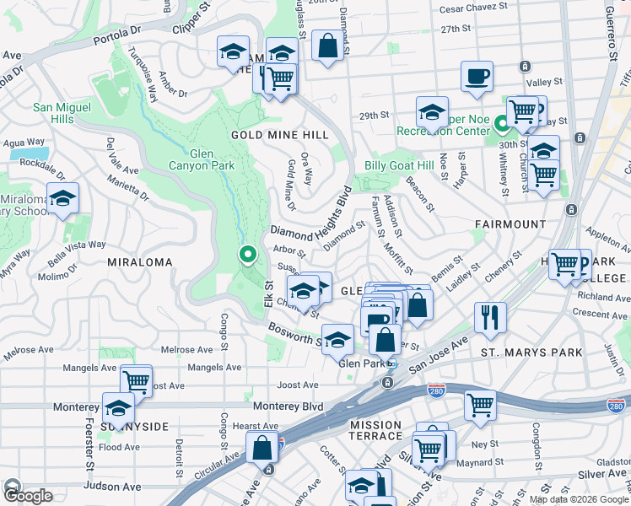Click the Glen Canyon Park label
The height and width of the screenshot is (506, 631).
click(212, 159)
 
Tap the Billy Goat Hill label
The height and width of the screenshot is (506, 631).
click(400, 166)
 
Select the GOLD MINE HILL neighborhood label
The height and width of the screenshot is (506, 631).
click(268, 135)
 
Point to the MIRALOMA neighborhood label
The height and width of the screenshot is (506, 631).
click(140, 262)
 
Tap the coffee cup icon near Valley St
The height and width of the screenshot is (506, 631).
click(477, 76)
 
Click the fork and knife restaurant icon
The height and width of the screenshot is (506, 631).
click(490, 317)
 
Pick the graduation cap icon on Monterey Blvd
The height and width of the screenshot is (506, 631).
click(118, 408)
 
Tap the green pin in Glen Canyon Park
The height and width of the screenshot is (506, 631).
click(247, 254)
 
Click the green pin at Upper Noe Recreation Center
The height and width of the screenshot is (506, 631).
click(501, 126)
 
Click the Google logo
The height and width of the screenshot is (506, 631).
click(28, 496)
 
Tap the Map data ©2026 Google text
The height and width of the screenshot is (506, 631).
click(579, 499)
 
